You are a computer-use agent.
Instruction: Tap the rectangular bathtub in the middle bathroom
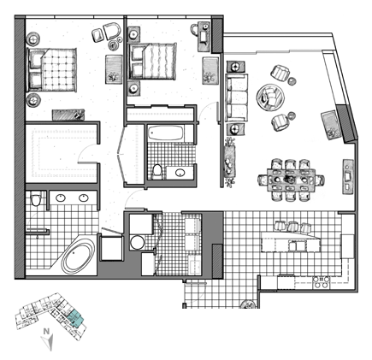click(166, 133)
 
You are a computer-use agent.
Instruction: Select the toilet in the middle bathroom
click(156, 171)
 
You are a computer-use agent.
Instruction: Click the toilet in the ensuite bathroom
click(36, 199)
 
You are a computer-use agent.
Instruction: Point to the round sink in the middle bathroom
click(180, 173)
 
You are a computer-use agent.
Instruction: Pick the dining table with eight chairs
click(291, 180)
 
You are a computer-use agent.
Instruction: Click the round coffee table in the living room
click(270, 97)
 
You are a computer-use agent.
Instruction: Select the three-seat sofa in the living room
click(237, 97)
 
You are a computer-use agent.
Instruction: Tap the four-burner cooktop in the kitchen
click(321, 282)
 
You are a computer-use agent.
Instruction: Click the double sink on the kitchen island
click(297, 245)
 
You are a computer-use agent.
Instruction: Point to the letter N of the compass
click(45, 331)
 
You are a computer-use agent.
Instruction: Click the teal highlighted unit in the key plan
click(75, 318)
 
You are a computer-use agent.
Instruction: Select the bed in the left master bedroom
click(51, 70)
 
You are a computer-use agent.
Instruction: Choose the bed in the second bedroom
click(152, 61)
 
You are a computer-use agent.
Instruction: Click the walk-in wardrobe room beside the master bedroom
click(62, 153)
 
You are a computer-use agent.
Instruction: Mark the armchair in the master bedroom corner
click(112, 31)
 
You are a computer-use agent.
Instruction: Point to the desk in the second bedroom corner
click(204, 36)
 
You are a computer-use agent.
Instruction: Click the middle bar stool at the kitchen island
click(292, 227)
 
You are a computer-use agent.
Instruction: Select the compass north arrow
click(47, 342)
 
